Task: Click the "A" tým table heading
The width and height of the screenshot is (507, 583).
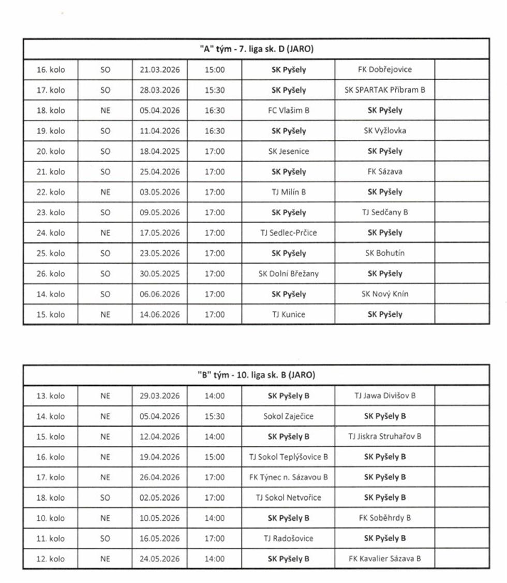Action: pyautogui.click(x=257, y=49)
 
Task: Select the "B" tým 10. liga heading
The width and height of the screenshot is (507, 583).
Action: pyautogui.click(x=257, y=375)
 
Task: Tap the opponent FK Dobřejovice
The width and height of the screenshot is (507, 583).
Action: pyautogui.click(x=385, y=69)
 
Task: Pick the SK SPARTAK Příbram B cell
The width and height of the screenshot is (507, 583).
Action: pyautogui.click(x=385, y=90)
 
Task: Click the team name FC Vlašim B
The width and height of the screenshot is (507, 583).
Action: pyautogui.click(x=288, y=110)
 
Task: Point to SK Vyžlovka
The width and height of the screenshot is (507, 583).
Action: pyautogui.click(x=385, y=130)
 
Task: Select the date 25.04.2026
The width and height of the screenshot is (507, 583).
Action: pyautogui.click(x=160, y=171)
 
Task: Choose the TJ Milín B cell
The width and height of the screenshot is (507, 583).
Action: pyautogui.click(x=288, y=192)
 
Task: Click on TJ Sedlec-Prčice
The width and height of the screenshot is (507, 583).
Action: pyautogui.click(x=288, y=232)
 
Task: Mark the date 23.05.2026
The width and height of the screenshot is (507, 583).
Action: pyautogui.click(x=160, y=253)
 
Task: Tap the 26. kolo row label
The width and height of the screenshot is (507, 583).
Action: pyautogui.click(x=51, y=273)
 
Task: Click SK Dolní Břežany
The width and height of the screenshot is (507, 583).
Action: pyautogui.click(x=288, y=273)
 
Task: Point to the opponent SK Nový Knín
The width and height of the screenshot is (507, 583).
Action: pyautogui.click(x=385, y=294)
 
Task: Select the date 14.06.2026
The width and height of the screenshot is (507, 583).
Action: pyautogui.click(x=160, y=314)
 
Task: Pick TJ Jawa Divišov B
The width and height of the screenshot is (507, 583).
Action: pyautogui.click(x=385, y=396)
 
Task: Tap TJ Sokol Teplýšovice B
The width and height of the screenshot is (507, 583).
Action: pyautogui.click(x=288, y=457)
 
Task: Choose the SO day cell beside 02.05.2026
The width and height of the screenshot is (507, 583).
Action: pyautogui.click(x=105, y=498)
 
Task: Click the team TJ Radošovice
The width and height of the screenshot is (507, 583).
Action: pyautogui.click(x=288, y=538)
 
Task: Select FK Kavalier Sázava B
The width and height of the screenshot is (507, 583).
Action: pyautogui.click(x=385, y=559)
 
